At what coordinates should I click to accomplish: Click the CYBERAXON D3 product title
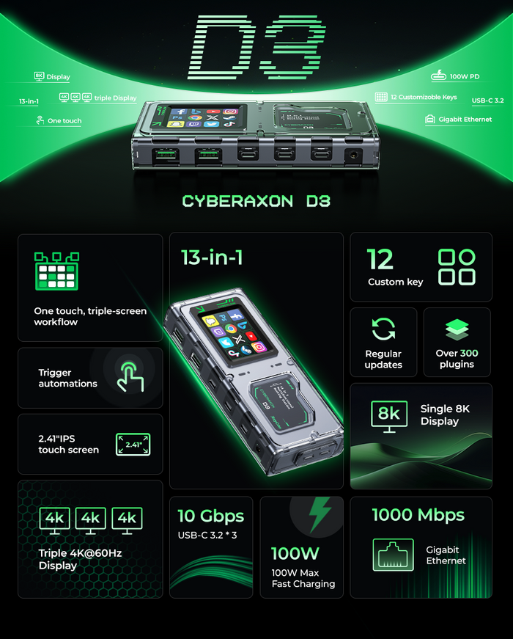tap(256, 201)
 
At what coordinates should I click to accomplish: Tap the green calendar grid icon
tap(56, 271)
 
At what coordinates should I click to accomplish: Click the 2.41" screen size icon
tap(133, 445)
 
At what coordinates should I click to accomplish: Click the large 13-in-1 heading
tap(213, 258)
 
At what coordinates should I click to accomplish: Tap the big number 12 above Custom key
tap(380, 259)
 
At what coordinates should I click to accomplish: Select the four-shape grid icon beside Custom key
tap(456, 266)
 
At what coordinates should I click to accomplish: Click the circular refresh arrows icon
tap(383, 329)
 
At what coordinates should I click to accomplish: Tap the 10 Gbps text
tap(210, 515)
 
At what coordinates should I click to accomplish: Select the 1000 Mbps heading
tap(418, 515)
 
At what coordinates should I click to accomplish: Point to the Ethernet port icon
tap(394, 555)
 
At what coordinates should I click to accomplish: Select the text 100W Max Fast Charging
tap(303, 578)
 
